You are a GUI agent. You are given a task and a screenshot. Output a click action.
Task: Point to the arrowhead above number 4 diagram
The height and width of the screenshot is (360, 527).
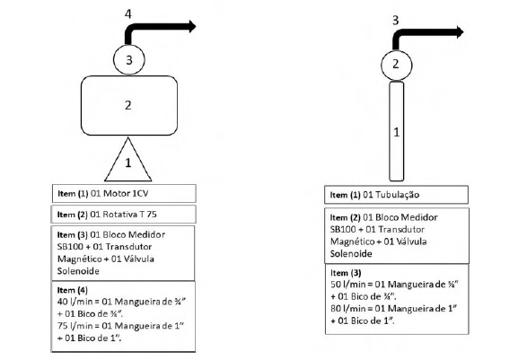point(192,26)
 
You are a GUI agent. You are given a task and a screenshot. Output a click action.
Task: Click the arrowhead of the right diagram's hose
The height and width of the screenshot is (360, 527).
point(460,32)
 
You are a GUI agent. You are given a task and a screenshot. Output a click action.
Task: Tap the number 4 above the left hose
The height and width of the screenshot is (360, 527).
point(128,14)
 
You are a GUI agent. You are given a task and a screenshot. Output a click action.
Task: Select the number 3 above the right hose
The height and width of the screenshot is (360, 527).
point(396,21)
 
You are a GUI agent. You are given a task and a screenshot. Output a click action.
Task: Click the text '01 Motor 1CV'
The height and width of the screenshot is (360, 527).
point(119,194)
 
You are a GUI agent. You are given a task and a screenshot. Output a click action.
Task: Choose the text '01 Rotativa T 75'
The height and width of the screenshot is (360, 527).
point(123,215)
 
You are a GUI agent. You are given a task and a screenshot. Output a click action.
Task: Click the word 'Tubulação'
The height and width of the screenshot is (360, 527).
point(397,195)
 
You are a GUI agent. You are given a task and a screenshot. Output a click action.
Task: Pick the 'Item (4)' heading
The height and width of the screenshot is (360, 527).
point(72,290)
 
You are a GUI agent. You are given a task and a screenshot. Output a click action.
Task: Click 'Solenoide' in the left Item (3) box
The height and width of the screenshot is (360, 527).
point(78,271)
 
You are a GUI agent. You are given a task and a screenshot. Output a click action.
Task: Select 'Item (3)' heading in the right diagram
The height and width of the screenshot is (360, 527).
point(346,273)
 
